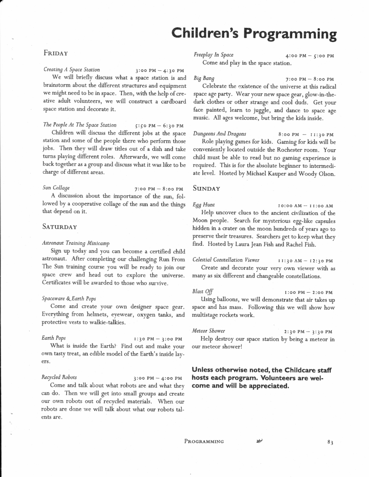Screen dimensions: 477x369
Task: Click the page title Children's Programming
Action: coord(254,33)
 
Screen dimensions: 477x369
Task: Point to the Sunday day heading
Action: coord(207,188)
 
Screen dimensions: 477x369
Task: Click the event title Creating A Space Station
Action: coord(72,69)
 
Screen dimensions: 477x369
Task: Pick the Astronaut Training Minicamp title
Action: coord(76,243)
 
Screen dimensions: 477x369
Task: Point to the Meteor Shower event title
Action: coord(209,331)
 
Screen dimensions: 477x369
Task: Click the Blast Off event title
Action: coord(203,292)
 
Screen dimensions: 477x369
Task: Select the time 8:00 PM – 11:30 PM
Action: coord(306,134)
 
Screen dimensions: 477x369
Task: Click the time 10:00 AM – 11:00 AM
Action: coord(305,205)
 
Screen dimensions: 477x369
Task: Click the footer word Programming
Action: coord(204,441)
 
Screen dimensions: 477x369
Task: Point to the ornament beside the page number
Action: coord(260,441)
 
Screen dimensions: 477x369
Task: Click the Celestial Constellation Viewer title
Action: coord(226,260)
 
